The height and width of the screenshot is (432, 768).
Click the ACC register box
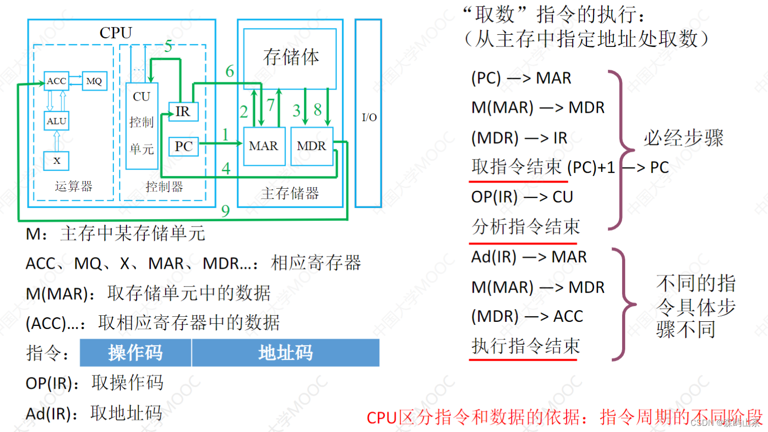(56, 81)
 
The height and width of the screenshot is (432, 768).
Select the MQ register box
(94, 81)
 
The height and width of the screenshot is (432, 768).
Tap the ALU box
(56, 121)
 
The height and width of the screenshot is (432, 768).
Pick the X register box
(56, 160)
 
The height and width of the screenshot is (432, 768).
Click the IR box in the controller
(183, 111)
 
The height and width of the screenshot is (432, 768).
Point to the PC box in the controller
(183, 146)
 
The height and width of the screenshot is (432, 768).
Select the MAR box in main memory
(264, 146)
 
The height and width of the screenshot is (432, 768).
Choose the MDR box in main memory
(311, 146)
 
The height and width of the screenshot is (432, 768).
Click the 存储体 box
(290, 58)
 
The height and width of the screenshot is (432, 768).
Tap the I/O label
(369, 117)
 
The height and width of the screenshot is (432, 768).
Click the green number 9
(225, 211)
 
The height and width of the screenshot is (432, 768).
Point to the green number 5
(168, 46)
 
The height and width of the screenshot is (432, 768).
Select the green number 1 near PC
(225, 135)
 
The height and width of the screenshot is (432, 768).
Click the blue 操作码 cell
(135, 352)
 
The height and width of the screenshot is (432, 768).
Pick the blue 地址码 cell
(285, 352)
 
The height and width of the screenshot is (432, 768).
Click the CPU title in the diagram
(116, 33)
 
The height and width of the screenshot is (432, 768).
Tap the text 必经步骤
(683, 138)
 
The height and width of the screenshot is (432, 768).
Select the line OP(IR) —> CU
(522, 197)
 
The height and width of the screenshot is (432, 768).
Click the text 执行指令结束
(526, 346)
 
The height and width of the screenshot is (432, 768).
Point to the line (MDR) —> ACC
(527, 316)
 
